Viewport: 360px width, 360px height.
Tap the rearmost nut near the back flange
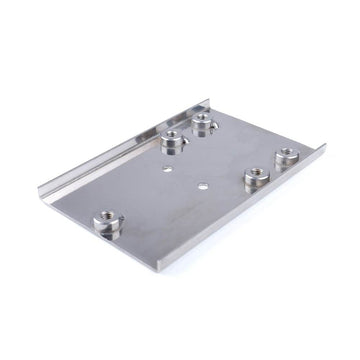(x=204, y=124)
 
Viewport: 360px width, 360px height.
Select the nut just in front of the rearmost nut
(x=174, y=143)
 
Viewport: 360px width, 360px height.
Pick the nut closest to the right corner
(x=287, y=159)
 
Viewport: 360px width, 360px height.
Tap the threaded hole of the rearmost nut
(x=204, y=119)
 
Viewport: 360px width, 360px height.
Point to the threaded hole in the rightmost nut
(x=287, y=154)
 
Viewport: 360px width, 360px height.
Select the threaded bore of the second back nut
(x=174, y=137)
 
